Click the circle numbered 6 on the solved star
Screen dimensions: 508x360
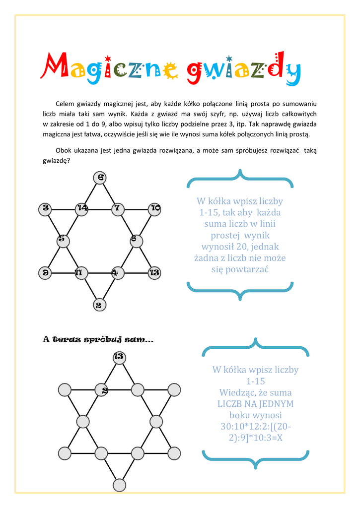[100, 178]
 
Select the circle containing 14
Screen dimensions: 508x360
[81, 208]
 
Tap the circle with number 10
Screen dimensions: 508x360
[155, 208]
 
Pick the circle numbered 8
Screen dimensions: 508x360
[136, 240]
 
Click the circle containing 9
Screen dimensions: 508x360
[45, 272]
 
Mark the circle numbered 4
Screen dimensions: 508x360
[117, 272]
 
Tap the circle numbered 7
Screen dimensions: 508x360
[118, 208]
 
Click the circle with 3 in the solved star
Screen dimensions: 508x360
[45, 208]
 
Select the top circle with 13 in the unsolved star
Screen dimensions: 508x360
[119, 357]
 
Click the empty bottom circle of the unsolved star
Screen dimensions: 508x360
[119, 485]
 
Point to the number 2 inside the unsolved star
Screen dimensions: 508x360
[105, 391]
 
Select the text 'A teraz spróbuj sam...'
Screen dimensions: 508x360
[98, 340]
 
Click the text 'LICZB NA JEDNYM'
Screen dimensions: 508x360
[255, 403]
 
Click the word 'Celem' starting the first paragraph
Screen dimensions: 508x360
[65, 104]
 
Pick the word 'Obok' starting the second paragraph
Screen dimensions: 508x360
[64, 151]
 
